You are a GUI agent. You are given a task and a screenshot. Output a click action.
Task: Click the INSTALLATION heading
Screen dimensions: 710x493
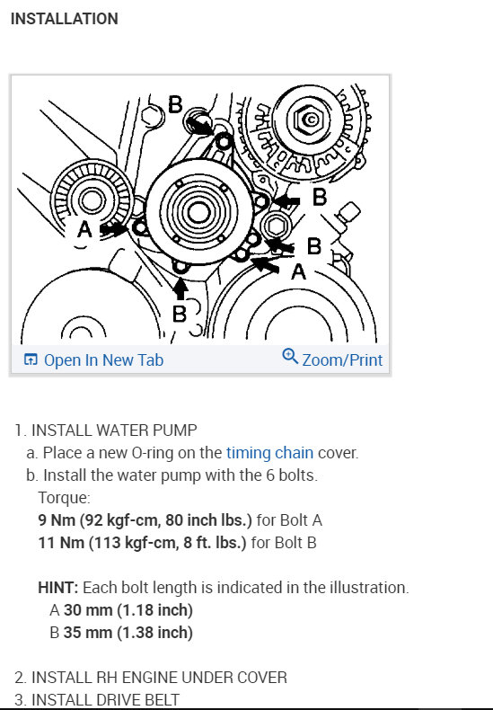[x=64, y=18]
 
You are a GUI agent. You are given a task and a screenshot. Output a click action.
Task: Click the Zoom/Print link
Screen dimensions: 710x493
[x=342, y=359]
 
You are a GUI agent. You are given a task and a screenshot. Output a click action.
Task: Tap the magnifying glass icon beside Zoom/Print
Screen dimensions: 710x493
[x=290, y=357]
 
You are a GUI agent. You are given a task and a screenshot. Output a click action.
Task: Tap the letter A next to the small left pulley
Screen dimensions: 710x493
[x=84, y=230]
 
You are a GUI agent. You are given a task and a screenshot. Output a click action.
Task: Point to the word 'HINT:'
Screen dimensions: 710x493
[x=58, y=588]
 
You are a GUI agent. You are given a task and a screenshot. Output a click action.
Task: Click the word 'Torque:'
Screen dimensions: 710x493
[x=64, y=496]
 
